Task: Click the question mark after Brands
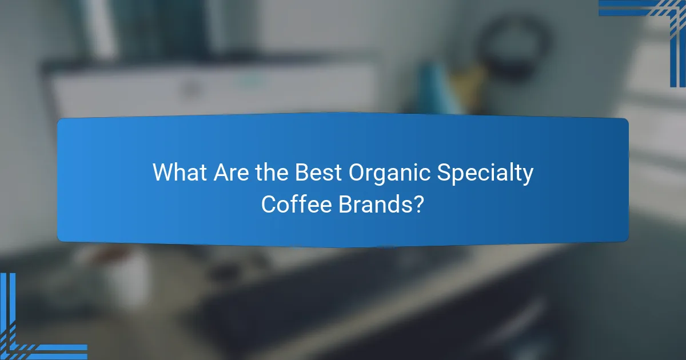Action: coord(419,203)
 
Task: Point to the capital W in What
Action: coord(162,173)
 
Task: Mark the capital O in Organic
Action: coord(360,173)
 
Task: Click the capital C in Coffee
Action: coord(269,203)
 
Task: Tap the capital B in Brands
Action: coord(345,203)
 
